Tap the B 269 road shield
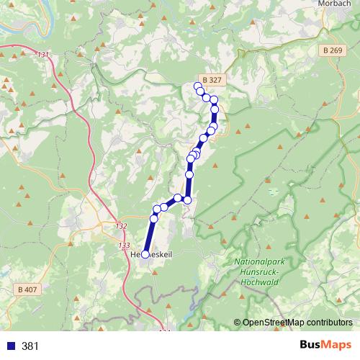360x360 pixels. click(x=332, y=50)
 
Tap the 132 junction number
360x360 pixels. click(x=121, y=226)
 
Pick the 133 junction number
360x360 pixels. click(x=122, y=246)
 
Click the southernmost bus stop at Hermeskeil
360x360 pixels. click(x=145, y=254)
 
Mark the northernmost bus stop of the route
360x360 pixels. click(x=198, y=86)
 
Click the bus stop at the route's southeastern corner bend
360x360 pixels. click(x=188, y=200)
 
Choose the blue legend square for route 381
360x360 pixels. click(x=11, y=346)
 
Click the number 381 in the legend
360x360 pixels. click(x=30, y=346)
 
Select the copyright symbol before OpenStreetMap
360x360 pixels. click(x=238, y=322)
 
